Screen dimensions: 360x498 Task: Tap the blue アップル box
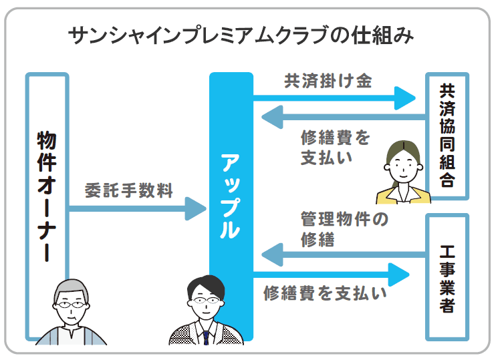(231, 194)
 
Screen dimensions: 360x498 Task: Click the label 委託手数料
(129, 191)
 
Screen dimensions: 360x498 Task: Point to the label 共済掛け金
(328, 81)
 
